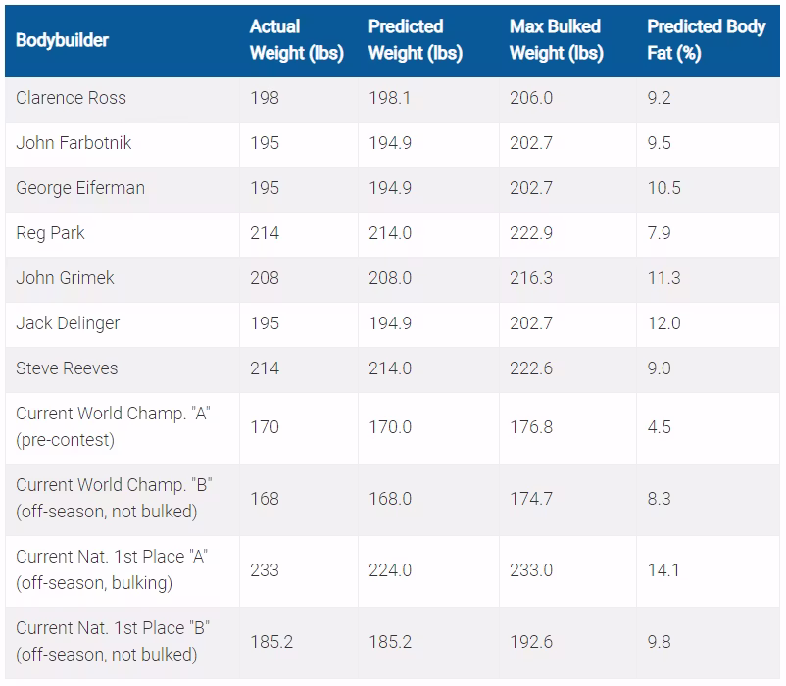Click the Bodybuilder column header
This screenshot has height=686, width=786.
tap(62, 40)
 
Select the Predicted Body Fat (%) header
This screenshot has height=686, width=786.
tap(707, 39)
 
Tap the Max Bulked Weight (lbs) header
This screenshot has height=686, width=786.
tap(557, 39)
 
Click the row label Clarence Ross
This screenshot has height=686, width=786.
tap(71, 98)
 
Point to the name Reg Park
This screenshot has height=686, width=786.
tap(50, 233)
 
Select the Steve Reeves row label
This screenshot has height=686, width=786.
tap(67, 368)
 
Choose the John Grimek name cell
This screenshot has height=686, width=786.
tap(65, 278)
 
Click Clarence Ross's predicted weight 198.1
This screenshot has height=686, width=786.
tap(389, 98)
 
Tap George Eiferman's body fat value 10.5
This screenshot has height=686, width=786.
tap(664, 188)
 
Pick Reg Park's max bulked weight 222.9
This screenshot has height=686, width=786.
tap(531, 233)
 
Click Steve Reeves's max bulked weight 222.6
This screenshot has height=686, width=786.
tap(531, 368)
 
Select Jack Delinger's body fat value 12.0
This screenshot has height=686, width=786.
tap(664, 323)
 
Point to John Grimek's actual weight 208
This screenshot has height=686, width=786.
tap(265, 278)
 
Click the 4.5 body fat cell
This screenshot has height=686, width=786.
tap(660, 427)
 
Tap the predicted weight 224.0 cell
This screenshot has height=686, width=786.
tap(390, 570)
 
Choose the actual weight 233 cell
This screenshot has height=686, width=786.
tap(265, 570)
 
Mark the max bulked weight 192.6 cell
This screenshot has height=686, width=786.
tap(531, 642)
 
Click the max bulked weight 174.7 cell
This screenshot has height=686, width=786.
tap(531, 499)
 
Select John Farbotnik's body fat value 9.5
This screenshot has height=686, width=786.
tap(660, 143)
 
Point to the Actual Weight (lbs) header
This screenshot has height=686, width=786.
tap(297, 39)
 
